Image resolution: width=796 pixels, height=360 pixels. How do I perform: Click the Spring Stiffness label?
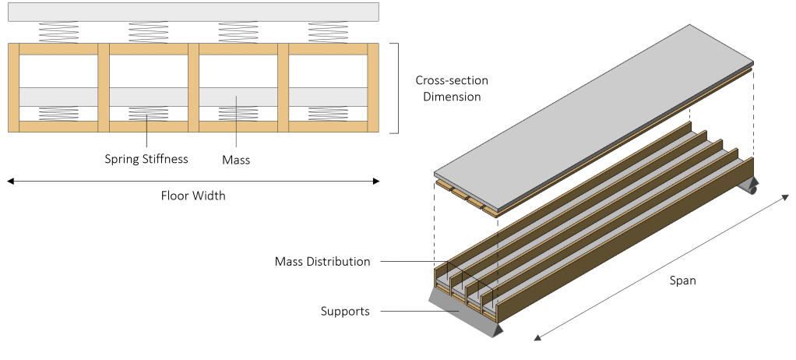[x=146, y=160]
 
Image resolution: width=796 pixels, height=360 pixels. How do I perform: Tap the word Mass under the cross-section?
[x=237, y=160]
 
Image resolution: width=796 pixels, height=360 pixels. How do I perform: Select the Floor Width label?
[x=192, y=196]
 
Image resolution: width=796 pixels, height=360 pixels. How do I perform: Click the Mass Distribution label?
[x=322, y=261]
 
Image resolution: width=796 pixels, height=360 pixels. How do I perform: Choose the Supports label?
[x=344, y=312]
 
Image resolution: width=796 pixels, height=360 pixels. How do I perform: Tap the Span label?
[x=682, y=281]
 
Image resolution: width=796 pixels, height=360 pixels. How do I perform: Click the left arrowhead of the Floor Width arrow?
[x=10, y=182]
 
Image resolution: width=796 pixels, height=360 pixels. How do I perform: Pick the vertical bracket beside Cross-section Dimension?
[x=397, y=88]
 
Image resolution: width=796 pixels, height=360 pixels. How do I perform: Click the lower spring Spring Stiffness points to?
[x=146, y=114]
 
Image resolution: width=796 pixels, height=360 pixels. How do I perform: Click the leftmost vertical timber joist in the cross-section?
[x=12, y=88]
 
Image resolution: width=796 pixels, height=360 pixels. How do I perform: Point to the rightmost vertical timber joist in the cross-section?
[x=372, y=88]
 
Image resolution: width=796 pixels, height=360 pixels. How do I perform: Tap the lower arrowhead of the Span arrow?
[x=537, y=337]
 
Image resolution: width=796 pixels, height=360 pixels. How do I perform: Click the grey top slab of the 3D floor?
[x=592, y=109]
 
